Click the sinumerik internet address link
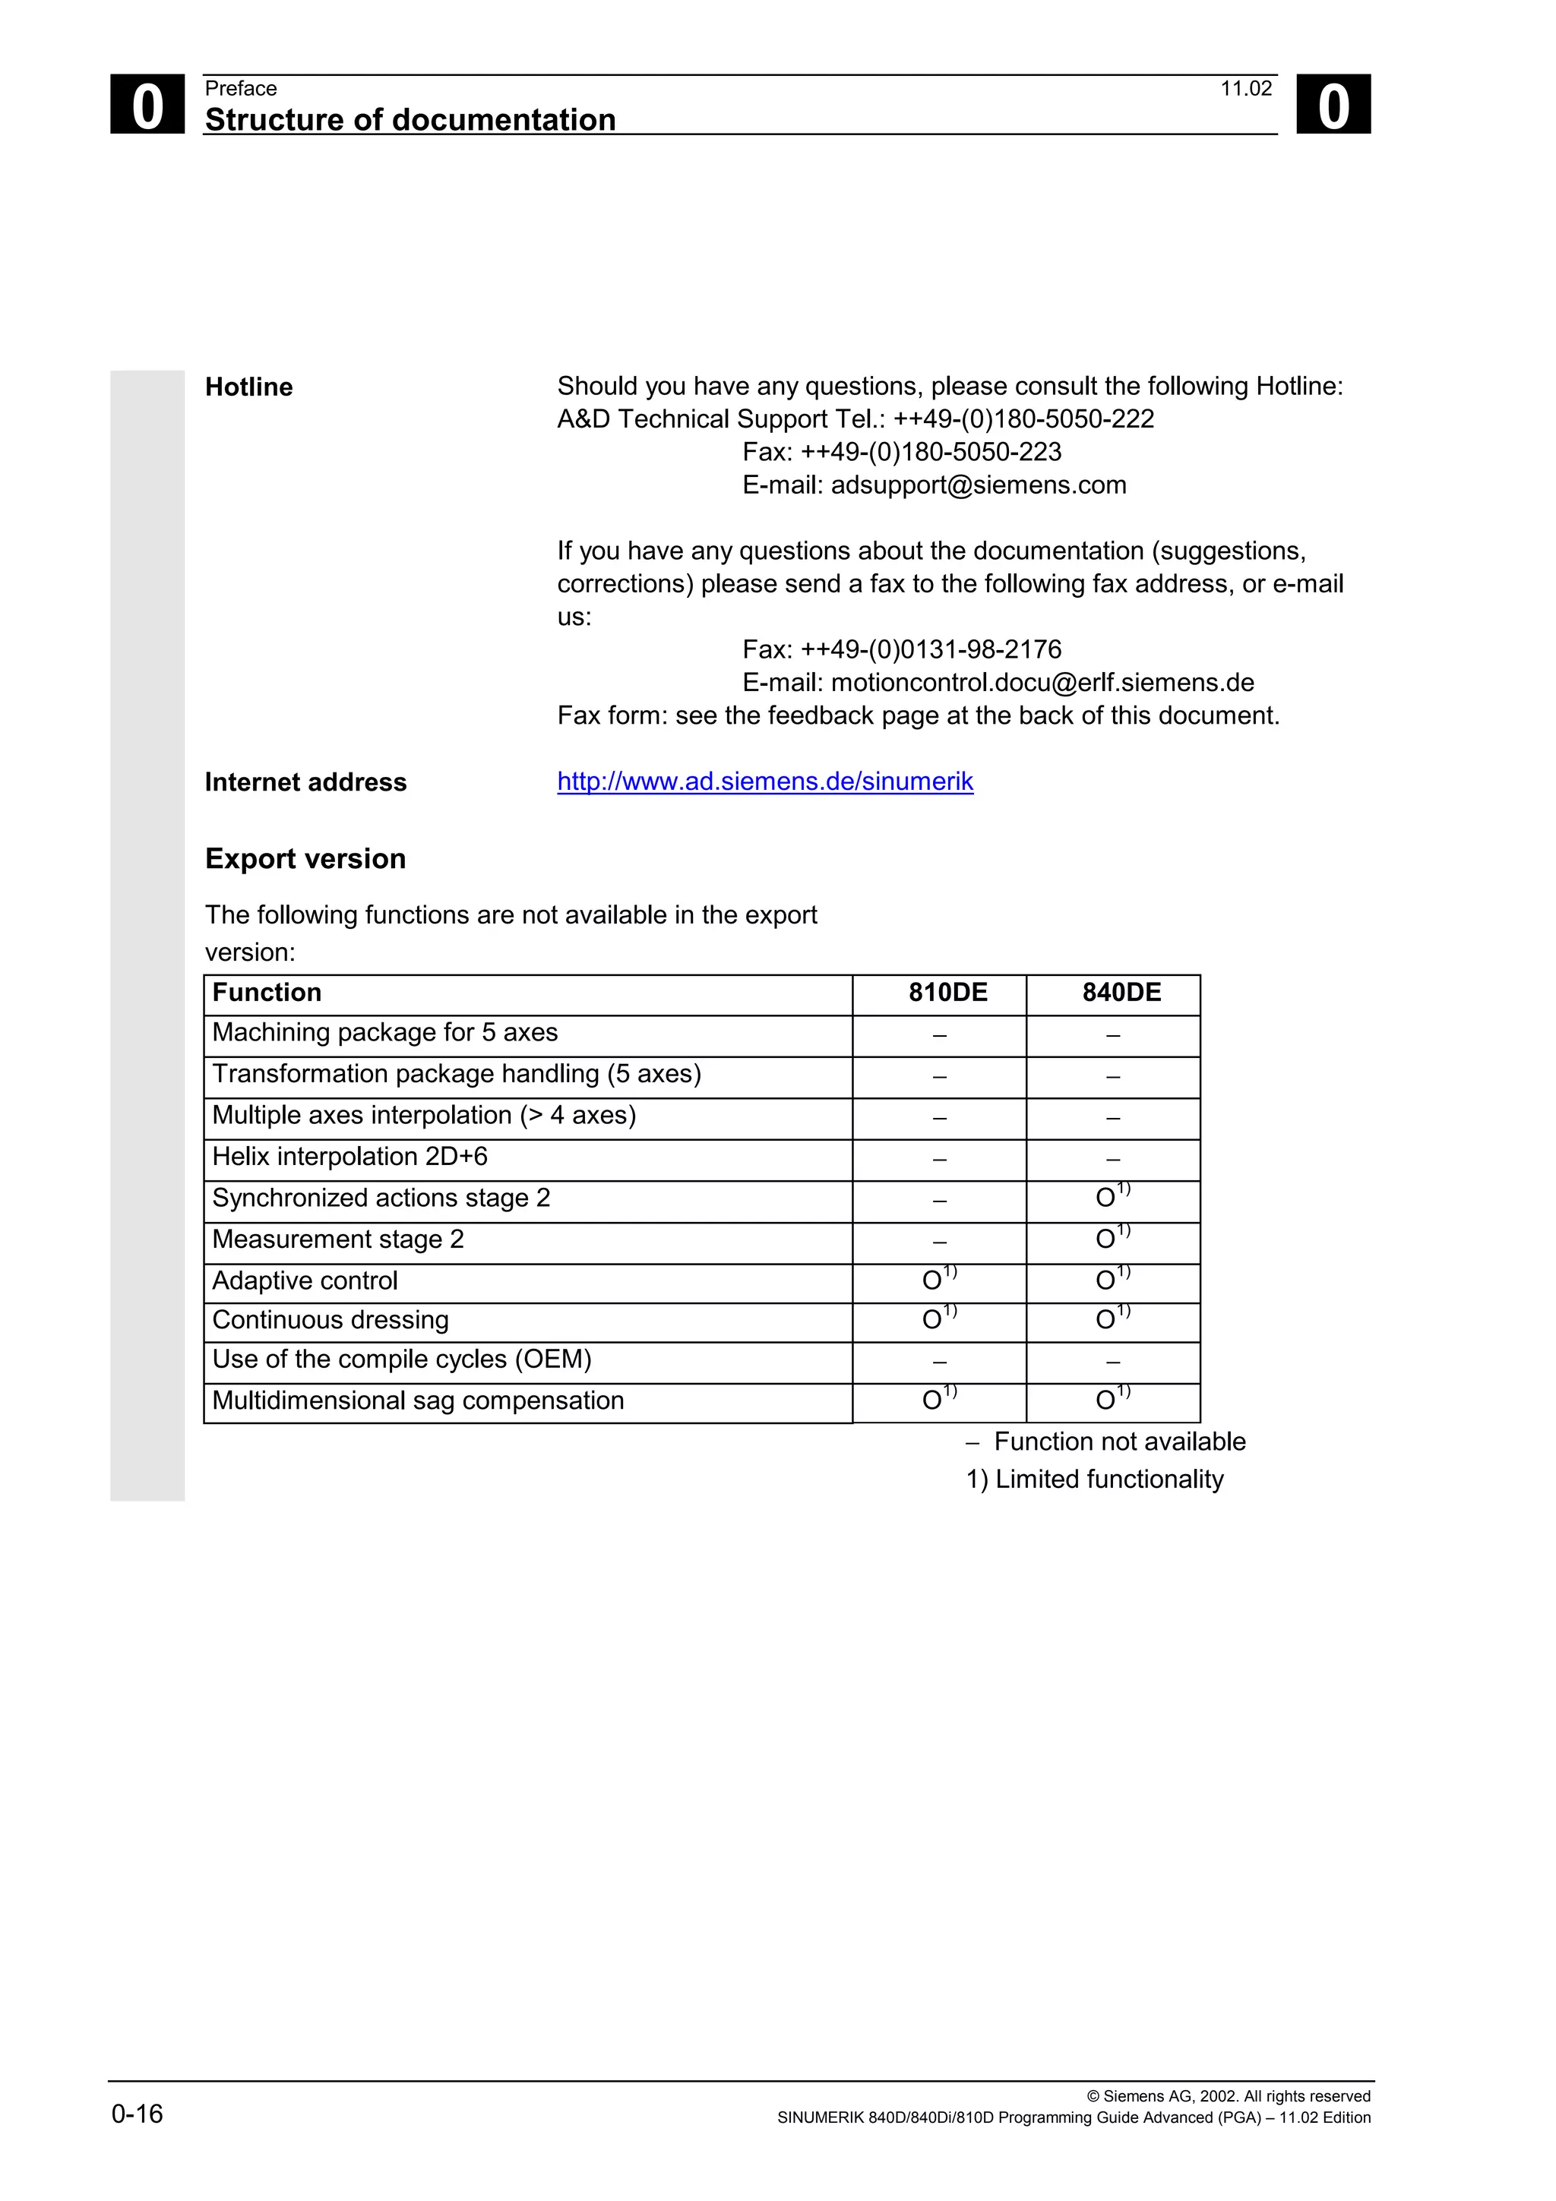tap(765, 782)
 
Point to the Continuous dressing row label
tap(330, 1320)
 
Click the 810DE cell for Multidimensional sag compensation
tap(938, 1400)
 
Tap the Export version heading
tap(305, 859)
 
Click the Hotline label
tap(248, 387)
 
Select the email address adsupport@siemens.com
tap(978, 485)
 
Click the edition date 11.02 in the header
tap(1245, 89)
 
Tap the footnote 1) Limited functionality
tap(1094, 1479)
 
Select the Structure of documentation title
tap(410, 120)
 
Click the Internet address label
tap(305, 782)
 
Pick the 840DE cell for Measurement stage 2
tap(1112, 1239)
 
